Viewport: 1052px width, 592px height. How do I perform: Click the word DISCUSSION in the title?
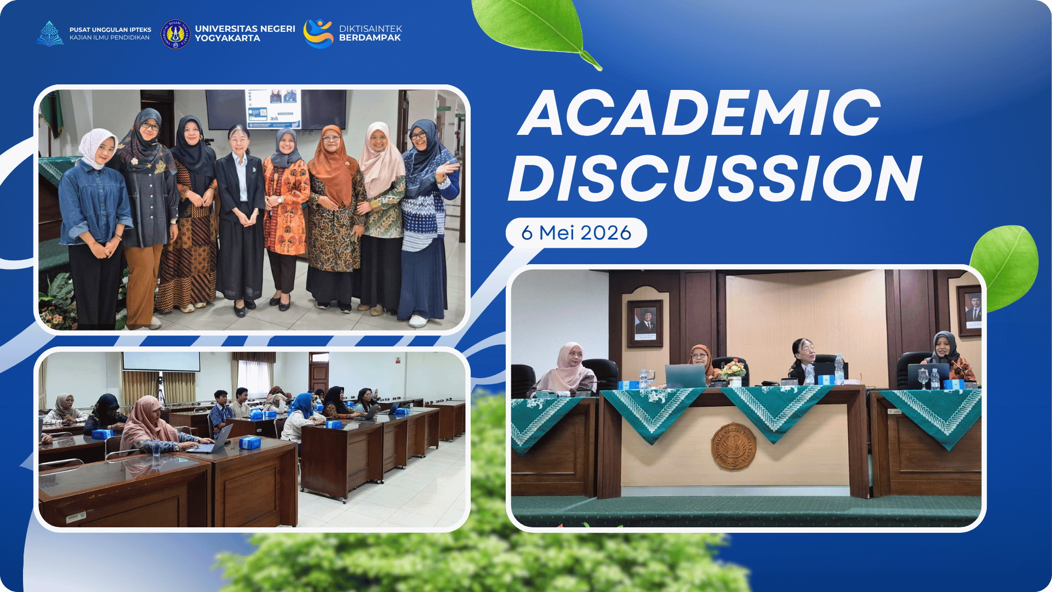[716, 178]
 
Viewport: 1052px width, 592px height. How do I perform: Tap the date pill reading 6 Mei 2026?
[576, 233]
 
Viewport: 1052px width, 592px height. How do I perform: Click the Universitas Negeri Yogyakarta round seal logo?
[175, 33]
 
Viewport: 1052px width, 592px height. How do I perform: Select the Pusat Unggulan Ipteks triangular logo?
[50, 33]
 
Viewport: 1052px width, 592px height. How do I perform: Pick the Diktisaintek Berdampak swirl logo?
[318, 33]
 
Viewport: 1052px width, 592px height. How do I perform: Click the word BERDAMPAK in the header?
[370, 38]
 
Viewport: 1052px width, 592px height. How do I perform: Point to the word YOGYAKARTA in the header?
[227, 38]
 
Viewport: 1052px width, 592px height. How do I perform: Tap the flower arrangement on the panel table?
[733, 370]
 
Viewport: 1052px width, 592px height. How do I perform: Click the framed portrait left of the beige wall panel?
[645, 323]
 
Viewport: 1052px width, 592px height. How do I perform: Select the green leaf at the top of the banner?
[534, 30]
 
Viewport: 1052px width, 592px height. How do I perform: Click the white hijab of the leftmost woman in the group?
[98, 147]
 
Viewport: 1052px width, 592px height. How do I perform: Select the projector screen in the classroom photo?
[161, 361]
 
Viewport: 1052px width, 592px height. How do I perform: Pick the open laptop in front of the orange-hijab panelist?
[685, 376]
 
